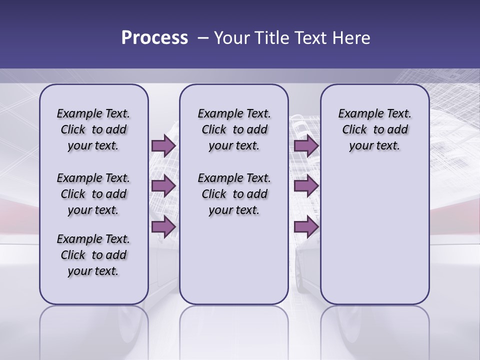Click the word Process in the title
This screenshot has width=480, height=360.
point(154,37)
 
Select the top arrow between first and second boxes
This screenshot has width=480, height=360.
point(163,145)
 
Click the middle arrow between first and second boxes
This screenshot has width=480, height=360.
point(163,186)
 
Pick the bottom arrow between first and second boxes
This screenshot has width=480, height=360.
point(163,226)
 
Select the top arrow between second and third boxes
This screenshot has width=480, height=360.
point(306,145)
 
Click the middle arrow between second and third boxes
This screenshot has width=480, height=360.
point(306,186)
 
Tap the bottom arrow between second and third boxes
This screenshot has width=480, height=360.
point(306,226)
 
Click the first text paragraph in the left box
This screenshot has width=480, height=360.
point(93,129)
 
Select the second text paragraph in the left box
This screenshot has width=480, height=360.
point(93,194)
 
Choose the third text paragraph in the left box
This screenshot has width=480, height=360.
point(93,255)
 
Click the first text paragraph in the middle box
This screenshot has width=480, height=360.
point(234,129)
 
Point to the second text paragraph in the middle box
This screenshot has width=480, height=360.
point(234,194)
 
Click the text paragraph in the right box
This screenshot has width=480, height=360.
point(374,129)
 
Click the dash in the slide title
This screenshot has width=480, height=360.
point(203,38)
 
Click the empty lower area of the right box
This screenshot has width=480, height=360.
point(374,235)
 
